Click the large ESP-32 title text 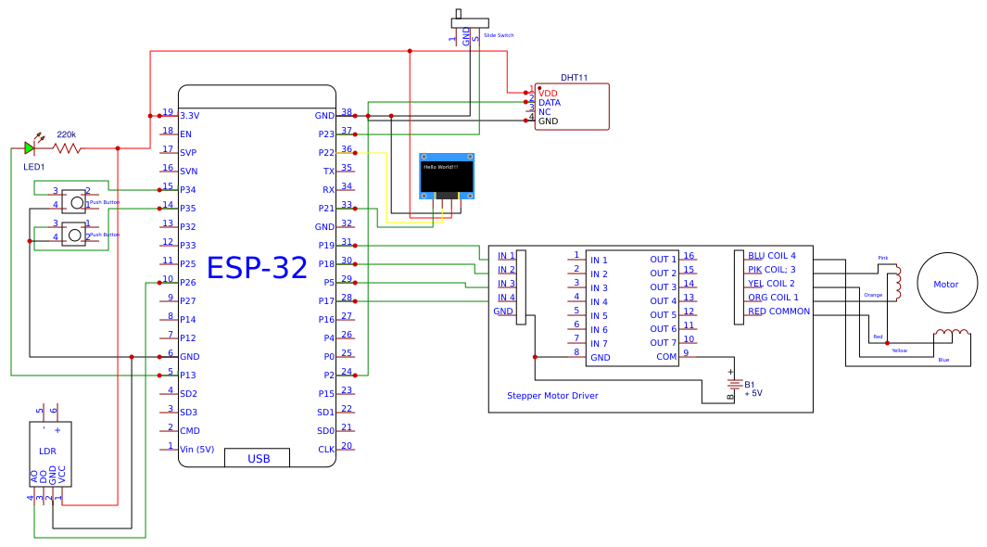(x=257, y=268)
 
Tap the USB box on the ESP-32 (x=259, y=459)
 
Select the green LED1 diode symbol (x=30, y=147)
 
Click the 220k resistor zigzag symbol (x=67, y=147)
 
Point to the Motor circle (x=946, y=284)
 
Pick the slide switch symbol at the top (x=471, y=21)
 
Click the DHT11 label (x=574, y=78)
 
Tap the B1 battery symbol (x=734, y=385)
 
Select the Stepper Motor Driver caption (x=552, y=396)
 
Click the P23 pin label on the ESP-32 (x=325, y=134)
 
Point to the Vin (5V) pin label (x=196, y=450)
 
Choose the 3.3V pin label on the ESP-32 (x=189, y=116)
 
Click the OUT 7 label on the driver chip (x=663, y=343)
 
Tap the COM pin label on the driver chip (x=666, y=357)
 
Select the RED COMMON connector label (x=778, y=312)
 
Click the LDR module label (x=47, y=452)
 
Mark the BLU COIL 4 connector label (x=771, y=255)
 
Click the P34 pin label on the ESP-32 (x=188, y=190)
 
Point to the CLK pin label (x=326, y=450)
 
